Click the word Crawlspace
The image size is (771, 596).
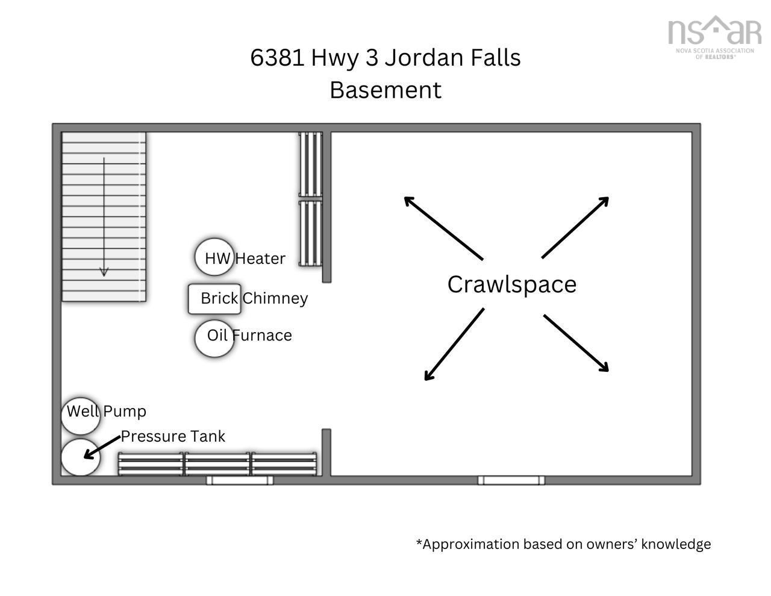[511, 284]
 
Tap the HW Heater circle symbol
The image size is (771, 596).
[214, 257]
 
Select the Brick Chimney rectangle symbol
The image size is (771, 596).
[214, 299]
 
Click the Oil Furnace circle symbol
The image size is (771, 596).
[214, 338]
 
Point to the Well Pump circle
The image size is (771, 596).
[81, 416]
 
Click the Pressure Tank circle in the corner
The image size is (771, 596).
[81, 457]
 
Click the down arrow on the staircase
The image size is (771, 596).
[104, 217]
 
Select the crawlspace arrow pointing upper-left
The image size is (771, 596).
[443, 228]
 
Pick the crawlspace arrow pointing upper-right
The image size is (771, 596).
[575, 228]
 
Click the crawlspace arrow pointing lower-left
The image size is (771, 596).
[454, 344]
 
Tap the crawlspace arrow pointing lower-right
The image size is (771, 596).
[576, 343]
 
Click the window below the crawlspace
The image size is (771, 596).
[511, 480]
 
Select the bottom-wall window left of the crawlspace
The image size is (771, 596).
[240, 480]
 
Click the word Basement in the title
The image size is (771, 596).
[385, 90]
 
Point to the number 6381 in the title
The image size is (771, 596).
[277, 57]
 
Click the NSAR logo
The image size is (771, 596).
[714, 37]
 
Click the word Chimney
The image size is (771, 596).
[275, 298]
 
